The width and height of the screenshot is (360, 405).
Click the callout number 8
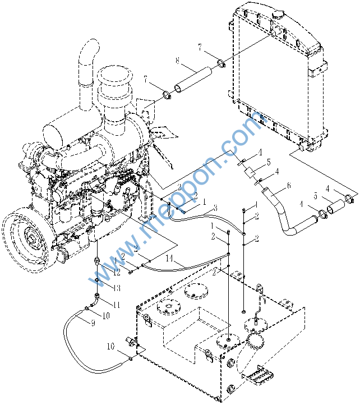tap(177, 61)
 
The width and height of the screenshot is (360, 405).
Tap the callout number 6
tap(289, 186)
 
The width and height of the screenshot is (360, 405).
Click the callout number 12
tap(117, 273)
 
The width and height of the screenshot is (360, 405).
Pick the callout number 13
tap(117, 288)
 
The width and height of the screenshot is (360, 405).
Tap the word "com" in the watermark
tap(246, 130)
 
